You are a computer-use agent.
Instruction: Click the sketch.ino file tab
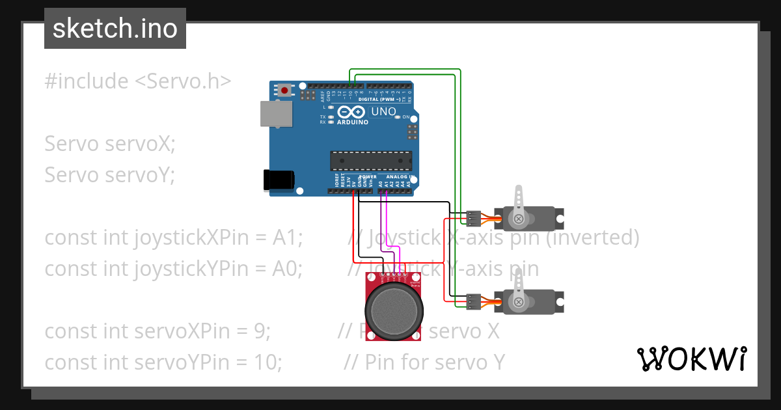(115, 29)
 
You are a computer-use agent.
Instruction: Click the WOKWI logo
(691, 359)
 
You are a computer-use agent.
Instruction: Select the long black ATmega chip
(371, 159)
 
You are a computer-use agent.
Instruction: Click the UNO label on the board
(383, 112)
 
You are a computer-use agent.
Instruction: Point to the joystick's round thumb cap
(392, 310)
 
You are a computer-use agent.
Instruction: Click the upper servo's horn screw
(519, 219)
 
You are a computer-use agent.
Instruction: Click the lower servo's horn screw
(519, 302)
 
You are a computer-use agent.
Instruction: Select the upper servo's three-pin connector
(474, 217)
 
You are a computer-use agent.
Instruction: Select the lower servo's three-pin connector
(474, 300)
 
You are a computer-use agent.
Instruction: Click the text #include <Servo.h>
(137, 81)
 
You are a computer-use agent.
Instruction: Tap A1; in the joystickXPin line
(288, 238)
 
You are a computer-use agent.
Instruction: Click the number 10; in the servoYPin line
(268, 362)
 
